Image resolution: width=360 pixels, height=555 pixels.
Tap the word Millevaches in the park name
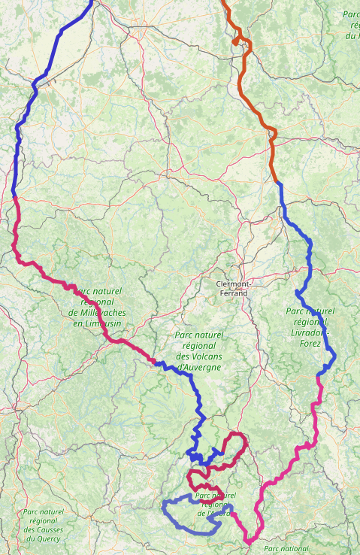[98, 312]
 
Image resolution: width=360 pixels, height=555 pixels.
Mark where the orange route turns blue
[278, 182]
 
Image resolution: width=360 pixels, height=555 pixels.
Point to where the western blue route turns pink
[15, 198]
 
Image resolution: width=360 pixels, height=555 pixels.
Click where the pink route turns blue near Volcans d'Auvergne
[156, 362]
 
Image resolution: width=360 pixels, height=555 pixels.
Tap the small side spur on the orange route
[236, 43]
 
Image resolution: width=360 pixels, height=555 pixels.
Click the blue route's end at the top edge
[92, 2]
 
